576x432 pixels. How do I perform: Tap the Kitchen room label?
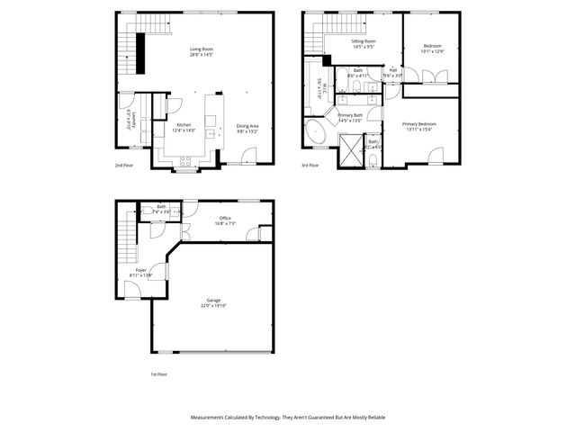(184, 125)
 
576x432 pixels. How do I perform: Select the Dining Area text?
(247, 126)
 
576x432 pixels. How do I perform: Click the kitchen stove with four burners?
(186, 161)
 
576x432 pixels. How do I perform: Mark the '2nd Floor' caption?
(123, 166)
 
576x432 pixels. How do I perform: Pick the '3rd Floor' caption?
(310, 166)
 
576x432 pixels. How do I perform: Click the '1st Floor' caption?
(158, 373)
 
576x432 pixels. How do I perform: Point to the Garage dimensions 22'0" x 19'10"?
(213, 306)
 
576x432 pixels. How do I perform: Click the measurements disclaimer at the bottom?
(288, 418)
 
